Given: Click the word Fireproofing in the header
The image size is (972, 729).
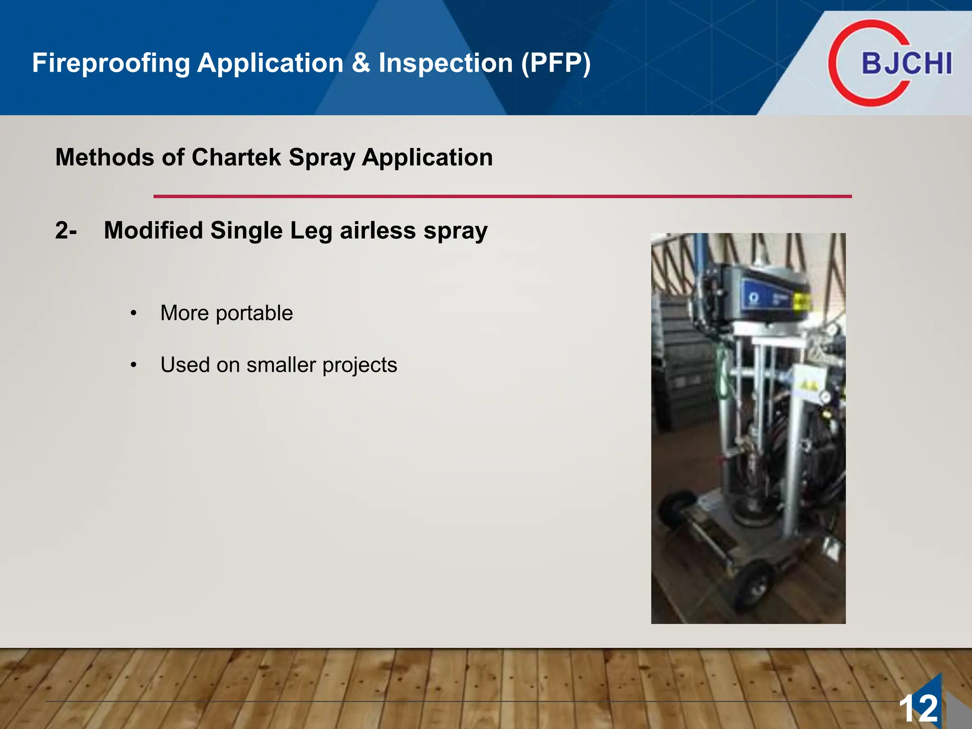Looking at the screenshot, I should click(111, 63).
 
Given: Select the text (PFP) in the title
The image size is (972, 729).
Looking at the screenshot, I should click(556, 63).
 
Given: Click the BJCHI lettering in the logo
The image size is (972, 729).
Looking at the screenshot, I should click(907, 63).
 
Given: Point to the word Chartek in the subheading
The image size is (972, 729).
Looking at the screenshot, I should click(236, 158).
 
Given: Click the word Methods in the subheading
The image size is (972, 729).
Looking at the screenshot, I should click(104, 158).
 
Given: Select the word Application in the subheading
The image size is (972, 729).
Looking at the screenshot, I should click(427, 158).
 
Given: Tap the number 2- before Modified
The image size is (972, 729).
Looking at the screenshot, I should click(65, 231).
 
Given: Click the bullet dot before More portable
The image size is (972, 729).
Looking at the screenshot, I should click(134, 313).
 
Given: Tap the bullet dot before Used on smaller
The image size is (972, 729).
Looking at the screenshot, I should click(134, 365).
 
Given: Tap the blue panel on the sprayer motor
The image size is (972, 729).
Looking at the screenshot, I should click(765, 298).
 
